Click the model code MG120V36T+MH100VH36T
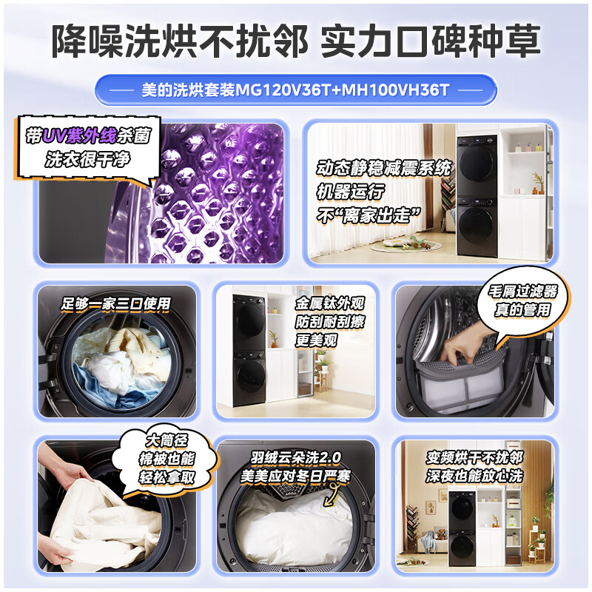pos(343,90)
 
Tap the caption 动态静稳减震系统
pos(383,168)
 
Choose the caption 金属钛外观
pos(330,304)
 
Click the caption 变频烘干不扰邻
pos(474,457)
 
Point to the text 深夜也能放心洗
pos(474,477)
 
